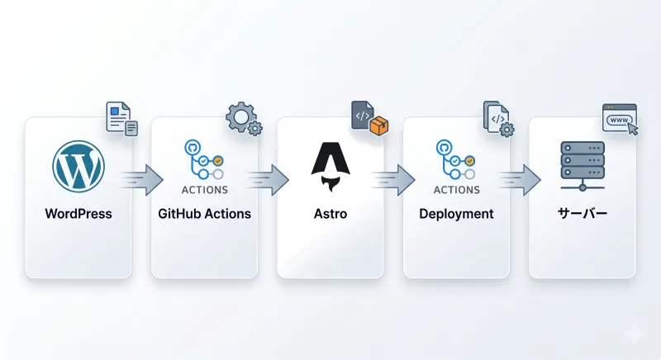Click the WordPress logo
point(78,166)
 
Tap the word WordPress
point(78,214)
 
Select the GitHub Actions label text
point(204,214)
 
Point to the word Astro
point(330,214)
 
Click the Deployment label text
point(456,215)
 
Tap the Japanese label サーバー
point(583,214)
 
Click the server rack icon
point(583,166)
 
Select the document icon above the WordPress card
point(121,119)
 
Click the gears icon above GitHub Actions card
point(244,118)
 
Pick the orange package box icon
point(378,126)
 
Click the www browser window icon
point(620,120)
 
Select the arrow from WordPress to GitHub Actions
point(142,180)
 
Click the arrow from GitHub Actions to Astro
point(268,180)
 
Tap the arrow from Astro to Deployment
point(394,180)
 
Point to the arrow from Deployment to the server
point(520,180)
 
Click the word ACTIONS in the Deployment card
point(457,190)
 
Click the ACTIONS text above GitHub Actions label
point(205,190)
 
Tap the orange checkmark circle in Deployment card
point(469,161)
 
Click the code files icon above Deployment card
point(499,119)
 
